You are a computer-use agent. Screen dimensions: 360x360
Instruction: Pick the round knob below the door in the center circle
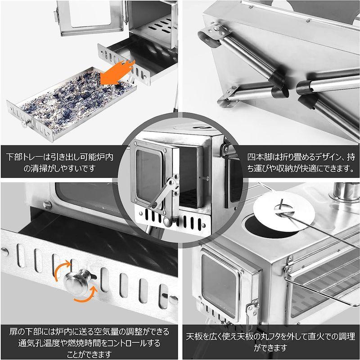point(167,222)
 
